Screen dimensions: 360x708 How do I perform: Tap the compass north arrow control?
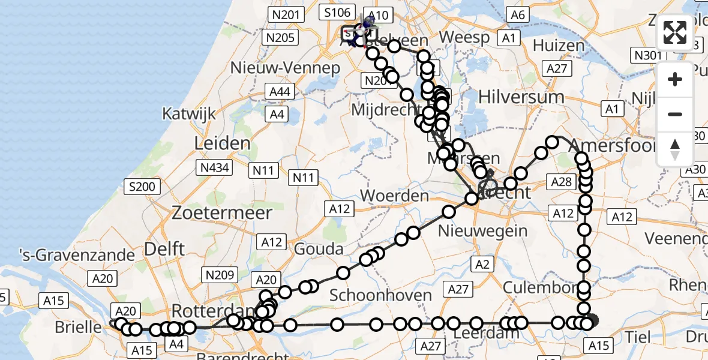coord(675,149)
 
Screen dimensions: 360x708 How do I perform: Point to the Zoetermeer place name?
coord(222,212)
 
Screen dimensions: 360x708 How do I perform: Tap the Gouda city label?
coord(319,249)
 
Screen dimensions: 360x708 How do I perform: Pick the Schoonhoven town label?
coord(380,295)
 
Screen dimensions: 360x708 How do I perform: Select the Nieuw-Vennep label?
coord(286,68)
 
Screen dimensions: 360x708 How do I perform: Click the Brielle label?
coord(78,327)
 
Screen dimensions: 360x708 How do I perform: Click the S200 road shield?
coord(142,187)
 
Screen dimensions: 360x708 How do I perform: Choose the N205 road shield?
coord(280,38)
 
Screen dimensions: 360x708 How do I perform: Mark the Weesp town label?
coord(464,37)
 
